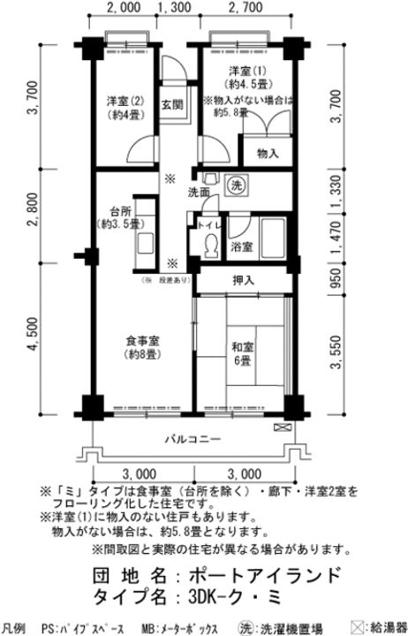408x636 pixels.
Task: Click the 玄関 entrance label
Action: (x=171, y=103)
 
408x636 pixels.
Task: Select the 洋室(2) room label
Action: (x=122, y=101)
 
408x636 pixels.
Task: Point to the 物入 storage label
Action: (x=268, y=154)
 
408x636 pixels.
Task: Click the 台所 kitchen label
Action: (x=121, y=211)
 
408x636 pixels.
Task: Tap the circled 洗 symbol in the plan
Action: (x=236, y=185)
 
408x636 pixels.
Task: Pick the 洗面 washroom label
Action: (x=199, y=192)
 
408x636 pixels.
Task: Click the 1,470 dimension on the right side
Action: (x=336, y=238)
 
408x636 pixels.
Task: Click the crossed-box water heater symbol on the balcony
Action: (x=282, y=428)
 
